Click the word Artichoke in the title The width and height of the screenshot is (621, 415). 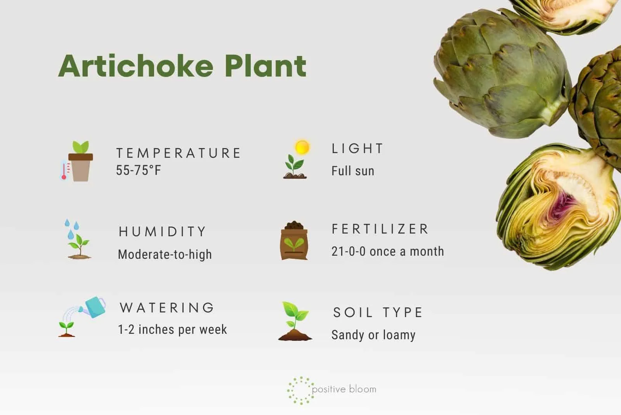pyautogui.click(x=136, y=66)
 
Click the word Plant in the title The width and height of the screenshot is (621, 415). pyautogui.click(x=265, y=66)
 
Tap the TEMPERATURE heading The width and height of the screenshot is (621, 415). pyautogui.click(x=178, y=153)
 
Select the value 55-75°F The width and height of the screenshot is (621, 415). pyautogui.click(x=138, y=170)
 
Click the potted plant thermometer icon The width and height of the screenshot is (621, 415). pyautogui.click(x=77, y=161)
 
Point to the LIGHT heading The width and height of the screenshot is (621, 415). pyautogui.click(x=357, y=148)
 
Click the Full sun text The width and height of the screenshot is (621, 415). pyautogui.click(x=353, y=171)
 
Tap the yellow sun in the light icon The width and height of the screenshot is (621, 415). pyautogui.click(x=302, y=147)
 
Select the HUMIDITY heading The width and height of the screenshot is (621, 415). pyautogui.click(x=162, y=232)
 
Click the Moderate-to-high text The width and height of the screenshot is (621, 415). pyautogui.click(x=165, y=255)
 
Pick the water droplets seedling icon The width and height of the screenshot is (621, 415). pyautogui.click(x=77, y=239)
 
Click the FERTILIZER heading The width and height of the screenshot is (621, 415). pyautogui.click(x=380, y=229)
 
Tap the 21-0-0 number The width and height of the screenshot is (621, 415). pyautogui.click(x=349, y=251)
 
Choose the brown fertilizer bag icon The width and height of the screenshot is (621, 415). pyautogui.click(x=294, y=241)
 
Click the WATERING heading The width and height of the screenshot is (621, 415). pyautogui.click(x=167, y=308)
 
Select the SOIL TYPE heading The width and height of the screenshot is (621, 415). pyautogui.click(x=378, y=312)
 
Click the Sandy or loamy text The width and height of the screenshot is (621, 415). pyautogui.click(x=373, y=335)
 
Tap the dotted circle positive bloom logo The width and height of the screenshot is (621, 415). pyautogui.click(x=301, y=390)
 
